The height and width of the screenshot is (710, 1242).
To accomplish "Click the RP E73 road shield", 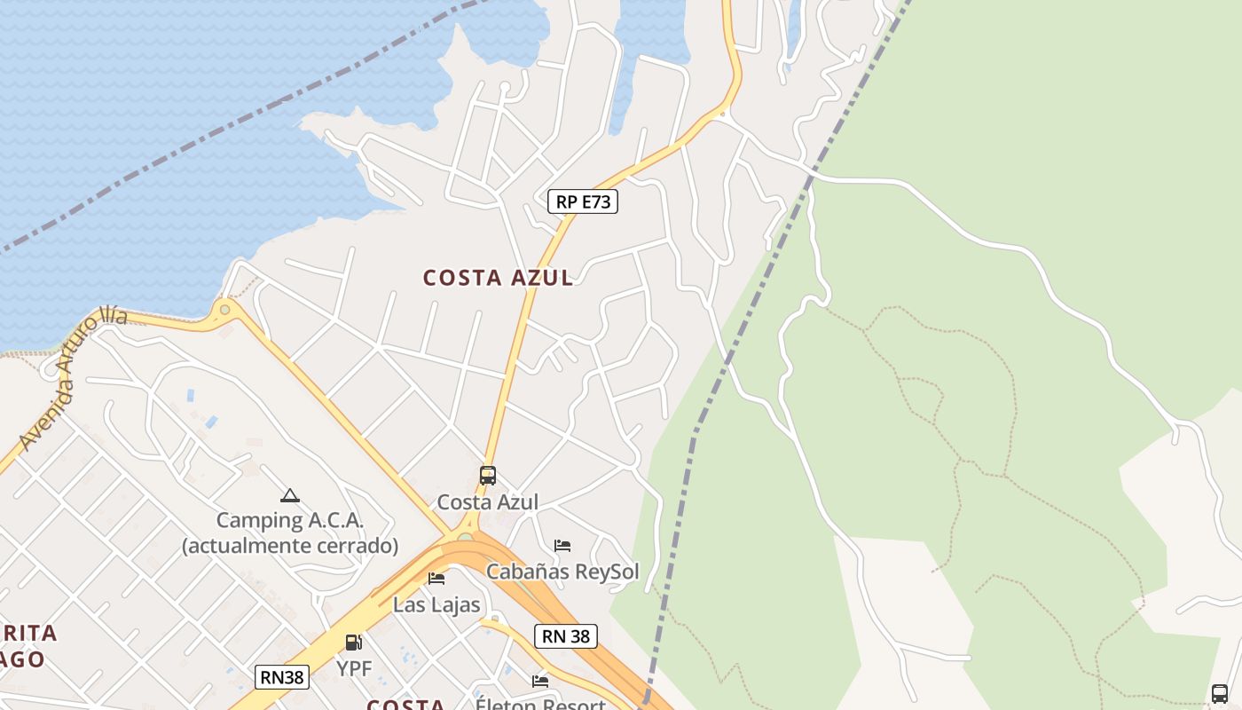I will (x=582, y=201).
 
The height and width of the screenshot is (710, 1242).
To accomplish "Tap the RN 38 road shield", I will (x=565, y=635).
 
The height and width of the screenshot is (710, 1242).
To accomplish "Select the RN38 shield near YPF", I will (x=282, y=677).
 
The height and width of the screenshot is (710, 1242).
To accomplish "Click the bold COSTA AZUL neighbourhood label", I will (x=498, y=278).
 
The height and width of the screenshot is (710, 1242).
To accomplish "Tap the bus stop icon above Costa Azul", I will (x=487, y=476).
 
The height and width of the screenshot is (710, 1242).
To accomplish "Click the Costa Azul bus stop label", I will (x=487, y=502).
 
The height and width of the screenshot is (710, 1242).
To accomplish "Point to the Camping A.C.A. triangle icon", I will (x=289, y=495).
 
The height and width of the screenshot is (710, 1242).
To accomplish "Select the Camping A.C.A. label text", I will (x=290, y=521).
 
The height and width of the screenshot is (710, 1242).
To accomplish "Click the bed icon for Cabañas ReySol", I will (x=562, y=545).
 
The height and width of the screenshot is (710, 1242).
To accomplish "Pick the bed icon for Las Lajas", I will (x=436, y=579).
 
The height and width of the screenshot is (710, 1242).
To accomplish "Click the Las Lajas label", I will (x=436, y=605).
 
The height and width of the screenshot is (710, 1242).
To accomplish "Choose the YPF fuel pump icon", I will (x=353, y=643).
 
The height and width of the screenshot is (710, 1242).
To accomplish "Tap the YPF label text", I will (x=354, y=668).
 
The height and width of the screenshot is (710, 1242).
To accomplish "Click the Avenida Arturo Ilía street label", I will (x=73, y=377).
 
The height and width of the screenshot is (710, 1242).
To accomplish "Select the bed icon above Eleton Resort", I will (x=539, y=681).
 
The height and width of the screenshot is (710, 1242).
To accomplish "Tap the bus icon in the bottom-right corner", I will (x=1220, y=693).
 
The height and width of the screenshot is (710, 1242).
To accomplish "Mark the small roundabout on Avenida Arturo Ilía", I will (x=224, y=310).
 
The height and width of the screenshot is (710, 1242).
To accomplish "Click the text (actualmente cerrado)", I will (x=290, y=545).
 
